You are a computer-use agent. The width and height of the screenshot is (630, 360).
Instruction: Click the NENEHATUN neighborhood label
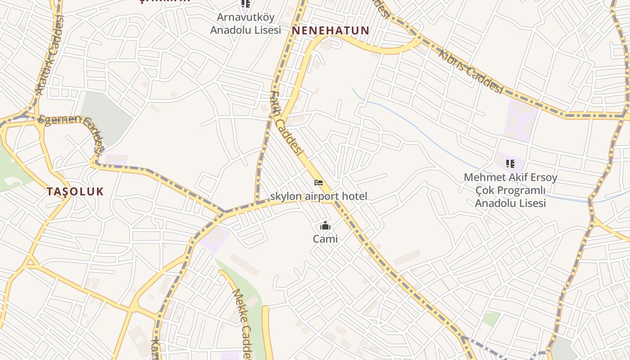(x=331, y=31)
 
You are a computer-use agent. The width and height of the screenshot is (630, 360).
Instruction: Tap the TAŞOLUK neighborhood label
(x=75, y=191)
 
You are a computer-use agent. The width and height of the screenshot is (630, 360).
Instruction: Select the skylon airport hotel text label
(x=319, y=196)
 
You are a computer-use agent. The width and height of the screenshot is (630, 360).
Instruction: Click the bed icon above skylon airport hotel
(x=319, y=183)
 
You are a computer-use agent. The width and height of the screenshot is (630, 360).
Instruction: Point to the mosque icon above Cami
(x=325, y=226)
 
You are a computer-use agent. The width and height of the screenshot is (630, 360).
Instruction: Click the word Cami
(x=325, y=239)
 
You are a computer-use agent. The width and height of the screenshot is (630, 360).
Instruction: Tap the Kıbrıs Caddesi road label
(x=470, y=72)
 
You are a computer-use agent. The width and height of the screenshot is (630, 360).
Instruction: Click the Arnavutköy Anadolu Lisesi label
(x=246, y=23)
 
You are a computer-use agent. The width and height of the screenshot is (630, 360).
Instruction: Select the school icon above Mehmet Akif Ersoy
(x=510, y=163)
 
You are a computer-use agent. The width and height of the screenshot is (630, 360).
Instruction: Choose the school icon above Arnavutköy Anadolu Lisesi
(x=246, y=4)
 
